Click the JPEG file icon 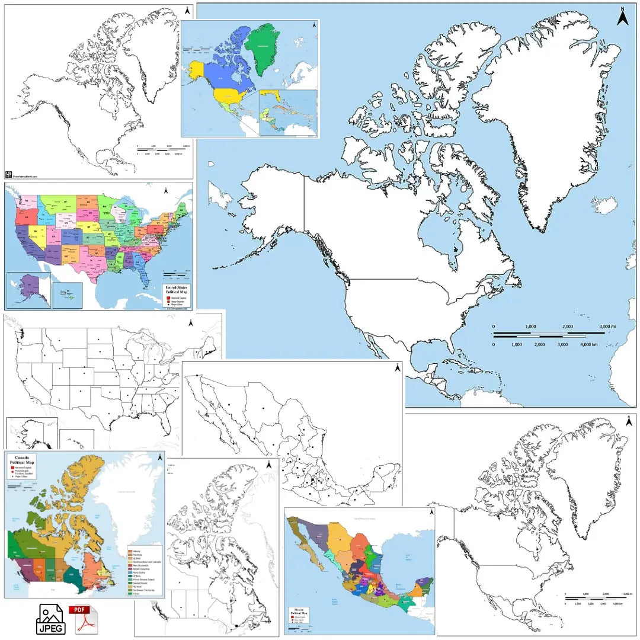tap(51, 619)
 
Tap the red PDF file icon tap(82, 619)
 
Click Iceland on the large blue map tap(604, 206)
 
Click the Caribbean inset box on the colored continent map tap(288, 113)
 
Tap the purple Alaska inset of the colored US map tap(28, 289)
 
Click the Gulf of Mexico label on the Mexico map tap(408, 558)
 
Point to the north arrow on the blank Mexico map tap(398, 368)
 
